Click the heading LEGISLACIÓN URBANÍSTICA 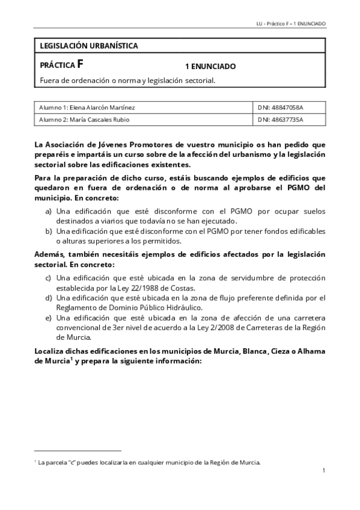coord(88,46)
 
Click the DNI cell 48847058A coord(280,107)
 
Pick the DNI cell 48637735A coord(280,119)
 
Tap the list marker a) coord(48,212)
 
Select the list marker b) coord(48,231)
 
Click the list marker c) coord(48,278)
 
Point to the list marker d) coord(48,298)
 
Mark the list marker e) coord(48,318)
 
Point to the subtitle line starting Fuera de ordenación coord(127,80)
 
